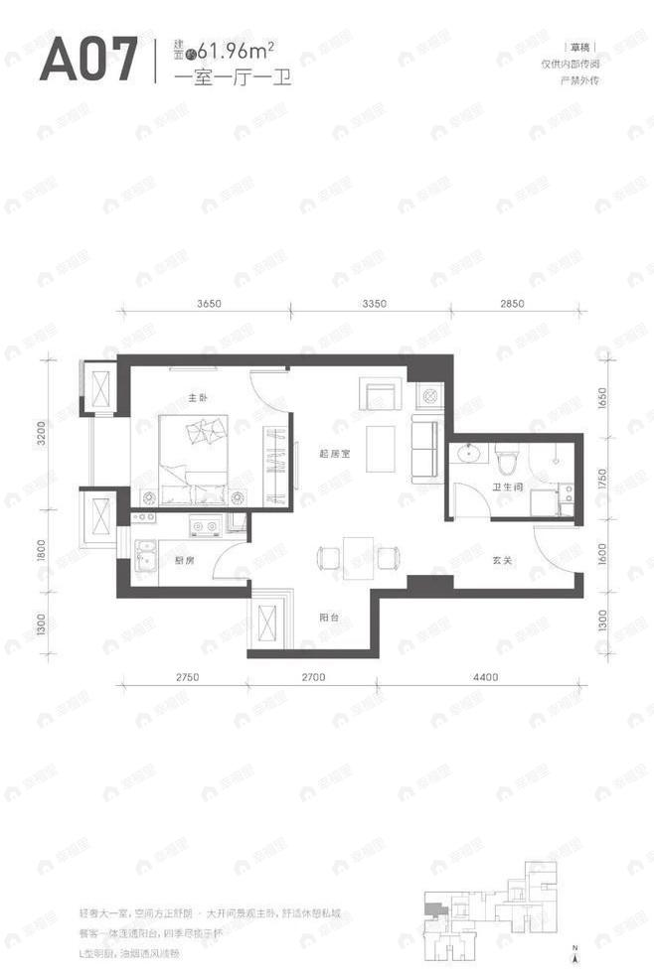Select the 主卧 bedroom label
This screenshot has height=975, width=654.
(x=197, y=399)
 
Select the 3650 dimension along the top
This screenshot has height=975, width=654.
(x=214, y=304)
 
